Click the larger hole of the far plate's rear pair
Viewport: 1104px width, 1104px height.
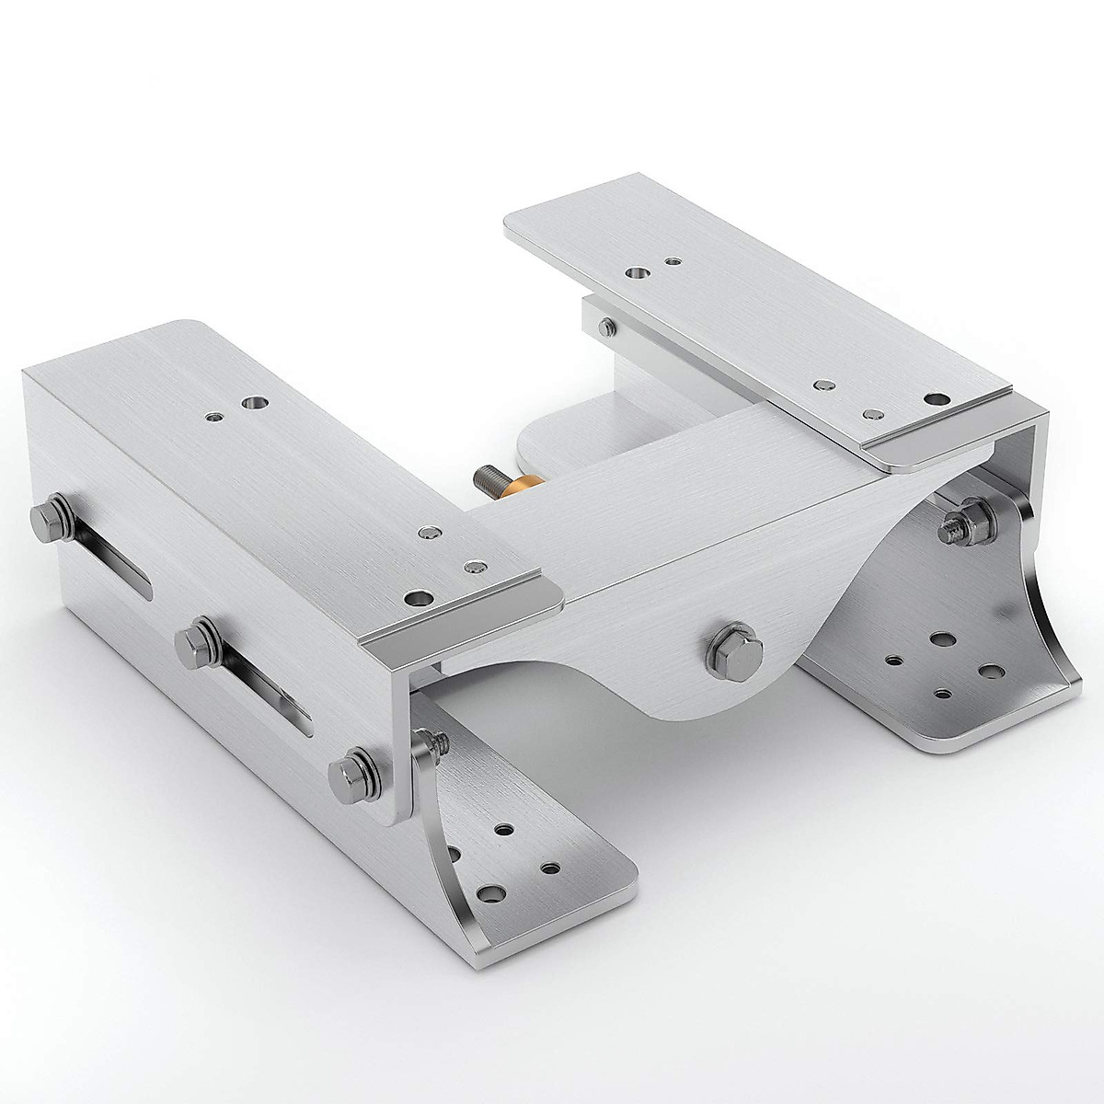point(635,272)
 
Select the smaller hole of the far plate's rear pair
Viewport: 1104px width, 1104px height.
point(674,262)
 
